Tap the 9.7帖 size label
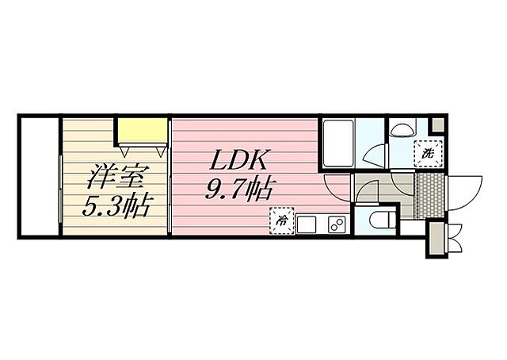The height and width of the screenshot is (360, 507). click(x=242, y=190)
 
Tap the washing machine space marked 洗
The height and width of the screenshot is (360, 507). click(x=427, y=152)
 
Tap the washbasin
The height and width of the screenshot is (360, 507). click(x=402, y=128)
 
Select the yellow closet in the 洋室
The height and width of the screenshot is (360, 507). click(x=141, y=128)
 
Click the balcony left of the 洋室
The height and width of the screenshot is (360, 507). click(x=38, y=175)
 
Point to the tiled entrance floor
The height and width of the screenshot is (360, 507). click(x=424, y=194)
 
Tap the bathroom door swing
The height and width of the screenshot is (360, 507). click(x=374, y=155)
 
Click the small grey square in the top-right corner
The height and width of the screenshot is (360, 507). click(x=436, y=124)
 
